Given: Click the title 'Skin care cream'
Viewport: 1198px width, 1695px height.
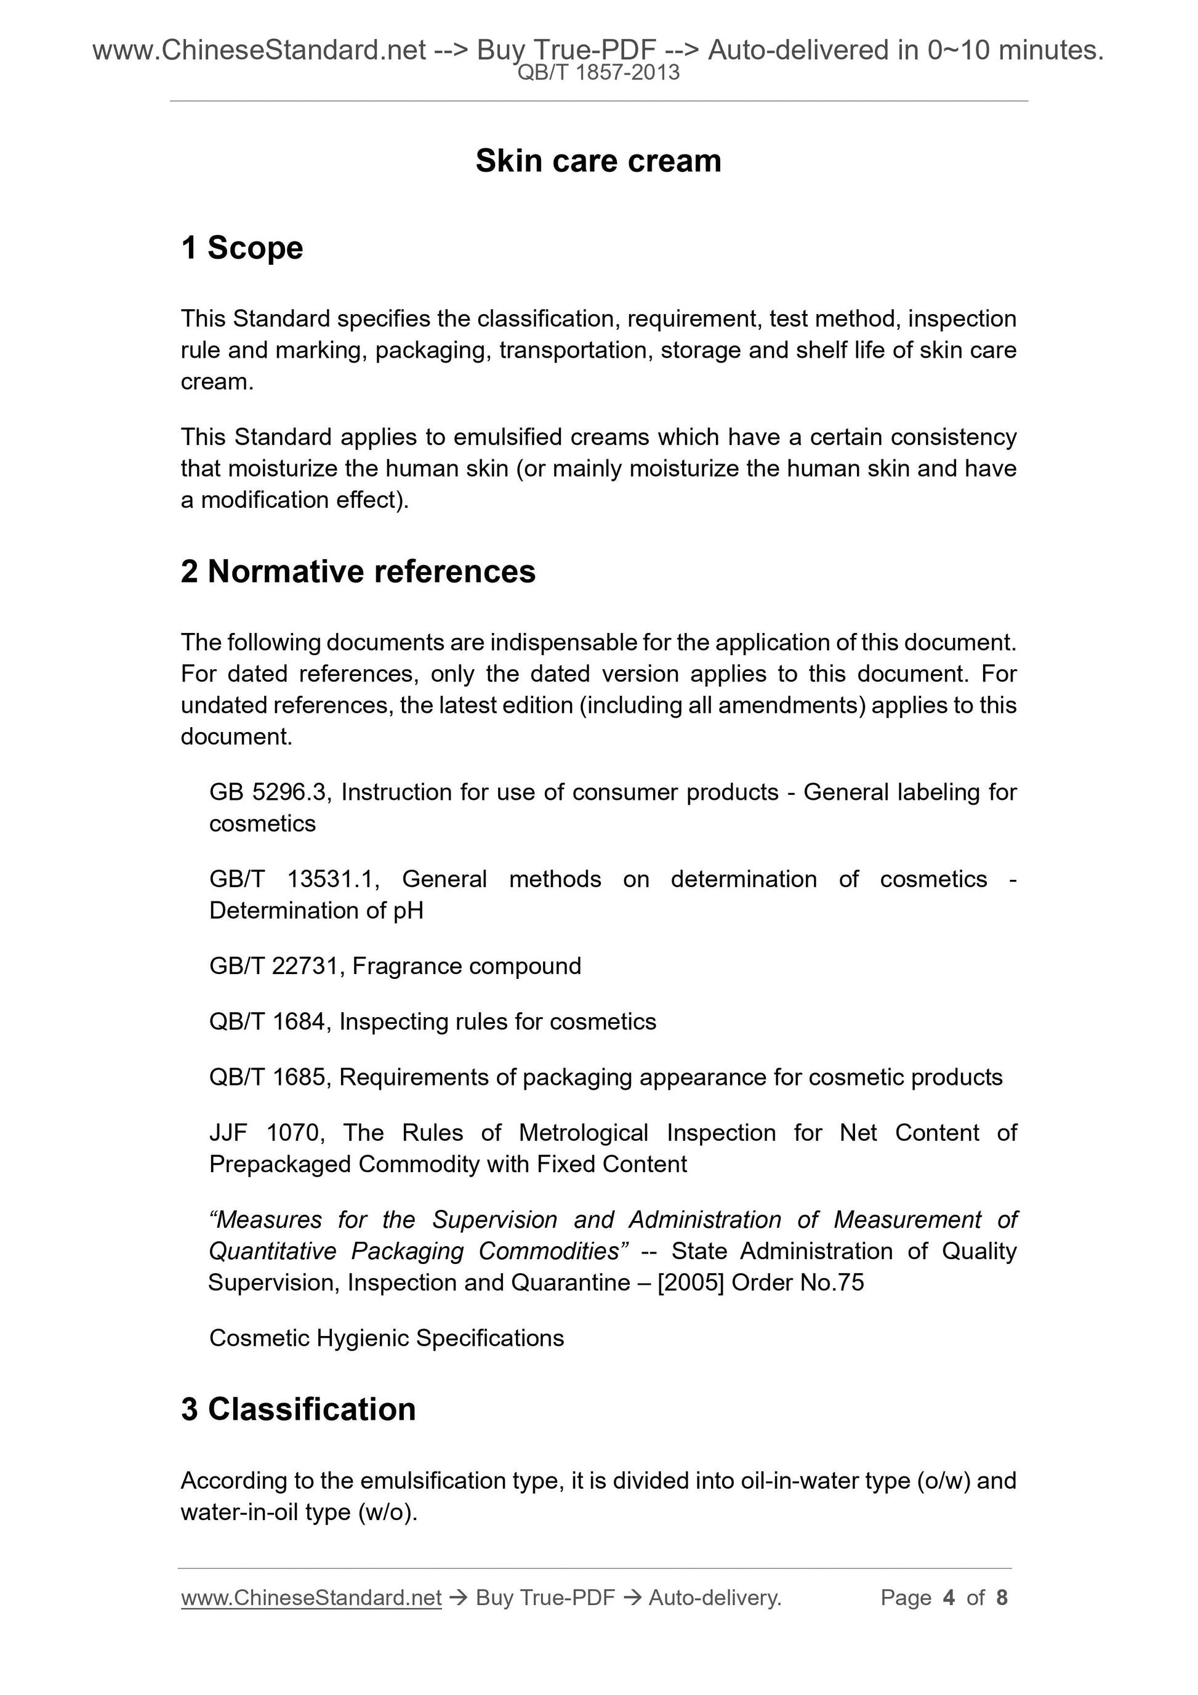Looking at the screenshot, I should (x=598, y=161).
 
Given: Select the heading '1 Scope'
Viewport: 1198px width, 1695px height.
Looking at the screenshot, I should (x=241, y=248).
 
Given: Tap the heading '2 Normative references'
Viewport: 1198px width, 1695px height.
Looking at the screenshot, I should (x=358, y=571).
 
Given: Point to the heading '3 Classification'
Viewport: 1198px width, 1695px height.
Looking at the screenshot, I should (x=298, y=1409).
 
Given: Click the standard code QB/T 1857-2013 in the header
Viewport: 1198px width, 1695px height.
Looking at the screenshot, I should (x=598, y=73).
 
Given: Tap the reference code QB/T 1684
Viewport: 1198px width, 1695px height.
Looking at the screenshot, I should (x=267, y=1021).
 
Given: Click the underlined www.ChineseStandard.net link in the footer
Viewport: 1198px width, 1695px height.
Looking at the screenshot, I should (x=311, y=1598).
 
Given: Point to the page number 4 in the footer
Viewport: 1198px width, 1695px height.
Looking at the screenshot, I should (x=949, y=1598).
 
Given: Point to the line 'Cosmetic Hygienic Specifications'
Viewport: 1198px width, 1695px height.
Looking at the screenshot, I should (x=386, y=1338).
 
